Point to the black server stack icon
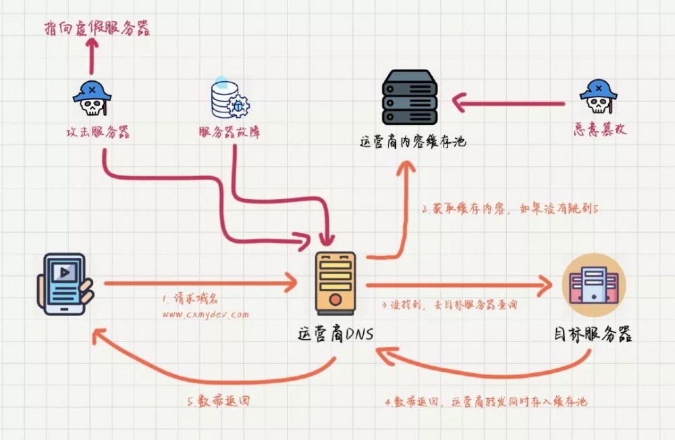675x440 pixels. point(409,97)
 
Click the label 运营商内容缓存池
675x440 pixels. point(412,142)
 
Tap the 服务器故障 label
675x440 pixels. point(230,133)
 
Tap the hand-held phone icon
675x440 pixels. point(65,283)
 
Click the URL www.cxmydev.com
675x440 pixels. point(205,314)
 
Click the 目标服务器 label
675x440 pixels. point(593,335)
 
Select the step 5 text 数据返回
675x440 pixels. point(219,400)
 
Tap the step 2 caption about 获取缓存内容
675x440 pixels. point(510,209)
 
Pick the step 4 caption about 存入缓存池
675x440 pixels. point(486,402)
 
